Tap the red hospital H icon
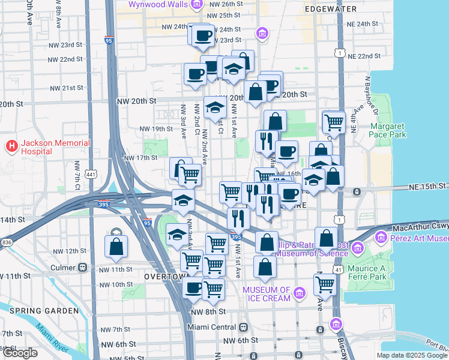[x=11, y=145]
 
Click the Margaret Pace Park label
[x=388, y=130]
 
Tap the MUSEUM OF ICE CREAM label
[x=267, y=295]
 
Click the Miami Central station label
[x=212, y=328]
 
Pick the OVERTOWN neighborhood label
[x=163, y=277]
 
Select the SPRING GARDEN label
[x=44, y=311]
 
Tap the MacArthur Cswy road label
[x=421, y=229]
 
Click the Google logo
[x=20, y=353]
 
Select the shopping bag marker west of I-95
[x=116, y=246]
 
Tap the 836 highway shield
[x=7, y=242]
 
